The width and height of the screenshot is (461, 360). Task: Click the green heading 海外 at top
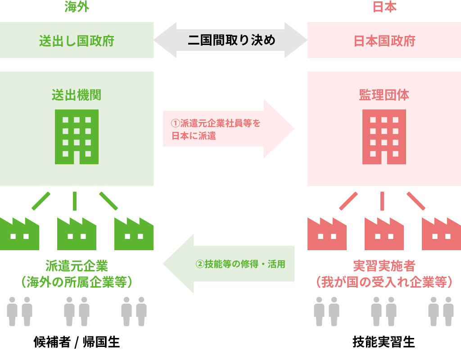[77, 8]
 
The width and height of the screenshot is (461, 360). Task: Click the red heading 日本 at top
[384, 8]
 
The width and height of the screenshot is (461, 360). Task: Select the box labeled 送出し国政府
[77, 41]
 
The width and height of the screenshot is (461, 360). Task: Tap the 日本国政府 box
[384, 41]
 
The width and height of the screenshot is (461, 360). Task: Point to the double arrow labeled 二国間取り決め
[230, 40]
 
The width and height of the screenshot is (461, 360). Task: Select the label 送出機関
[77, 95]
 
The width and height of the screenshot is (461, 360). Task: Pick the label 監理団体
[384, 95]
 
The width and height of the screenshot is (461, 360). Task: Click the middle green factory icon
[77, 234]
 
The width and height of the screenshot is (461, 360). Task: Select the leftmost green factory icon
[19, 234]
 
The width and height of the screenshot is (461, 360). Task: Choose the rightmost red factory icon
[441, 234]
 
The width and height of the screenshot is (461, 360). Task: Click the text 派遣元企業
[77, 265]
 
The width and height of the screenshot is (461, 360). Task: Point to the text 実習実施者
[384, 265]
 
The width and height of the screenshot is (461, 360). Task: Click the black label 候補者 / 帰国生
[77, 342]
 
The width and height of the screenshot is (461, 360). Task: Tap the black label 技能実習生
[384, 342]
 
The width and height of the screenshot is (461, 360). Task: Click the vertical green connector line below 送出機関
[74, 201]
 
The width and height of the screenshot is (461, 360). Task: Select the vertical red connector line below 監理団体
[382, 201]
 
